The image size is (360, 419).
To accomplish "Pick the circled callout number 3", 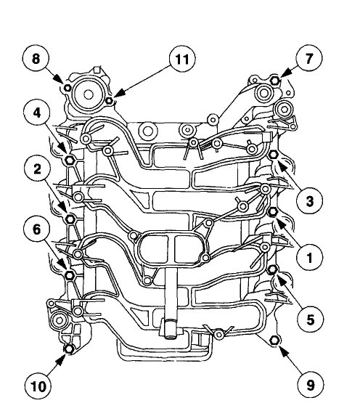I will (308, 200).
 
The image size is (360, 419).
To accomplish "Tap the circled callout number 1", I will (308, 258).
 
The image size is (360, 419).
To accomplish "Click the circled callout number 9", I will (308, 386).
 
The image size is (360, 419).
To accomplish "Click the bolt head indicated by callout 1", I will (274, 212).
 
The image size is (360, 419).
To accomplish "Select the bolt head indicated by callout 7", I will (276, 80).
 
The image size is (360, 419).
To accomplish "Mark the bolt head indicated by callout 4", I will (68, 159).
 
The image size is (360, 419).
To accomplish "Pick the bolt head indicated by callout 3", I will (274, 155).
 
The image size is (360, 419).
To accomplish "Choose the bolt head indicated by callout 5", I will (274, 270).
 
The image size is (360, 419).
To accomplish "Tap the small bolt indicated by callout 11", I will (109, 100).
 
